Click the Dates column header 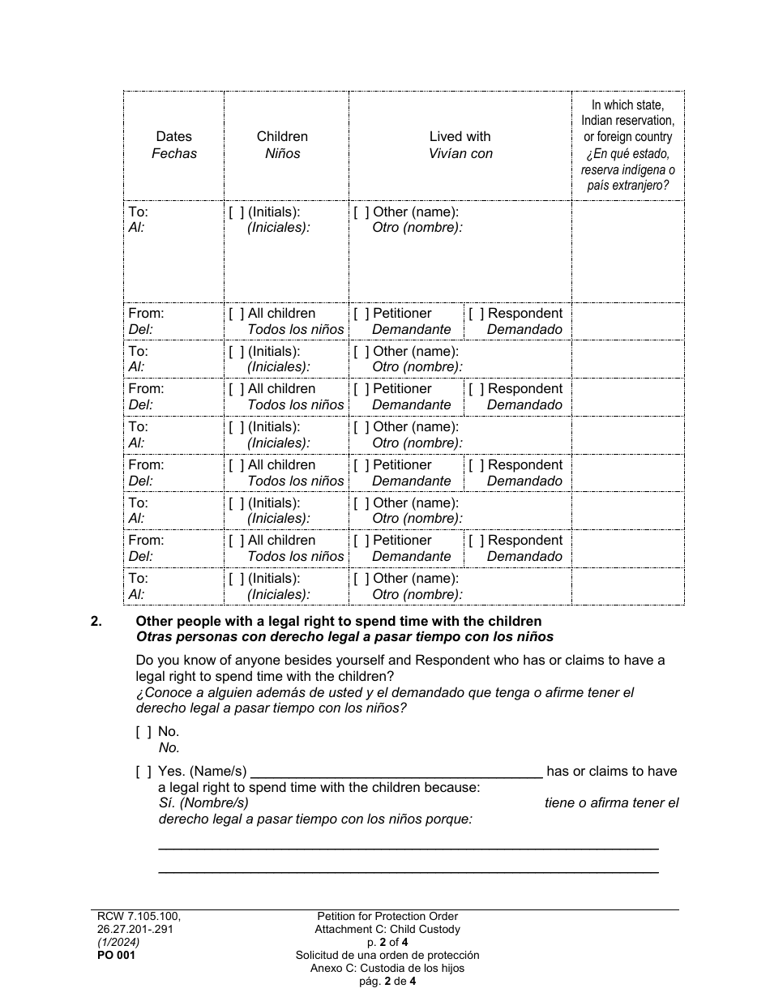point(173,137)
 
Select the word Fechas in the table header point(173,153)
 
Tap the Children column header point(282,137)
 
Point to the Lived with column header point(460,137)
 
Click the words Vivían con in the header point(460,153)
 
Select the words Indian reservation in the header point(627,121)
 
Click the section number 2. point(96,622)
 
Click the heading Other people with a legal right point(339,622)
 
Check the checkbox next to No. point(143,732)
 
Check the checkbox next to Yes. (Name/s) point(143,772)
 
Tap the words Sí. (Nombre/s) point(204,803)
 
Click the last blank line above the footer point(408,871)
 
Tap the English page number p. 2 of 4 point(387,942)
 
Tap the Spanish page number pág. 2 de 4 point(387,981)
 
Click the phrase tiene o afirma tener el point(611,803)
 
